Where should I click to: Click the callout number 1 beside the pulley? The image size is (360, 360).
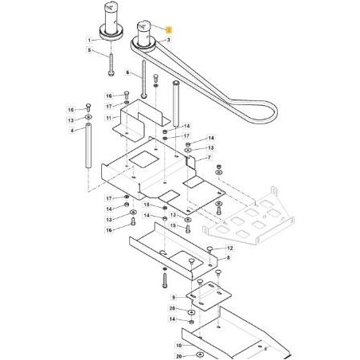(x=89, y=41)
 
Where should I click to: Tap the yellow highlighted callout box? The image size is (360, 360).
(x=169, y=29)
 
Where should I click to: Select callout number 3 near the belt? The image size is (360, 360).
(x=169, y=40)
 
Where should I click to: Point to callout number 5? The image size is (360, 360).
(x=89, y=50)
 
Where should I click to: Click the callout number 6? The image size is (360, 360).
(x=127, y=72)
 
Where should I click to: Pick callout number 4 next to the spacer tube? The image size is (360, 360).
(x=72, y=131)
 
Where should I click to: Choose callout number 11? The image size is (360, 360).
(x=109, y=118)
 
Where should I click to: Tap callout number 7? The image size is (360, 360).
(x=209, y=158)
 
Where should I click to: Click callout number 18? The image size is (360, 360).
(x=147, y=205)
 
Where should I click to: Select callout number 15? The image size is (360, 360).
(x=173, y=225)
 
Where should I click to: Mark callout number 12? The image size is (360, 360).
(x=230, y=248)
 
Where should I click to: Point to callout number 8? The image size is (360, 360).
(x=228, y=258)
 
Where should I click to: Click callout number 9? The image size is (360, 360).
(x=174, y=298)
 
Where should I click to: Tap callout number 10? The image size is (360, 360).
(x=179, y=346)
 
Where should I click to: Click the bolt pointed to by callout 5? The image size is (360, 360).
(x=111, y=65)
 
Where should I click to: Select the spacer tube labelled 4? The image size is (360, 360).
(x=88, y=146)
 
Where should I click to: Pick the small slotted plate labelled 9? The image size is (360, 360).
(x=209, y=296)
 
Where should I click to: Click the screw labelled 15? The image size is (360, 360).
(x=188, y=229)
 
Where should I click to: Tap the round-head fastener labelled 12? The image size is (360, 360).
(x=209, y=248)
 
